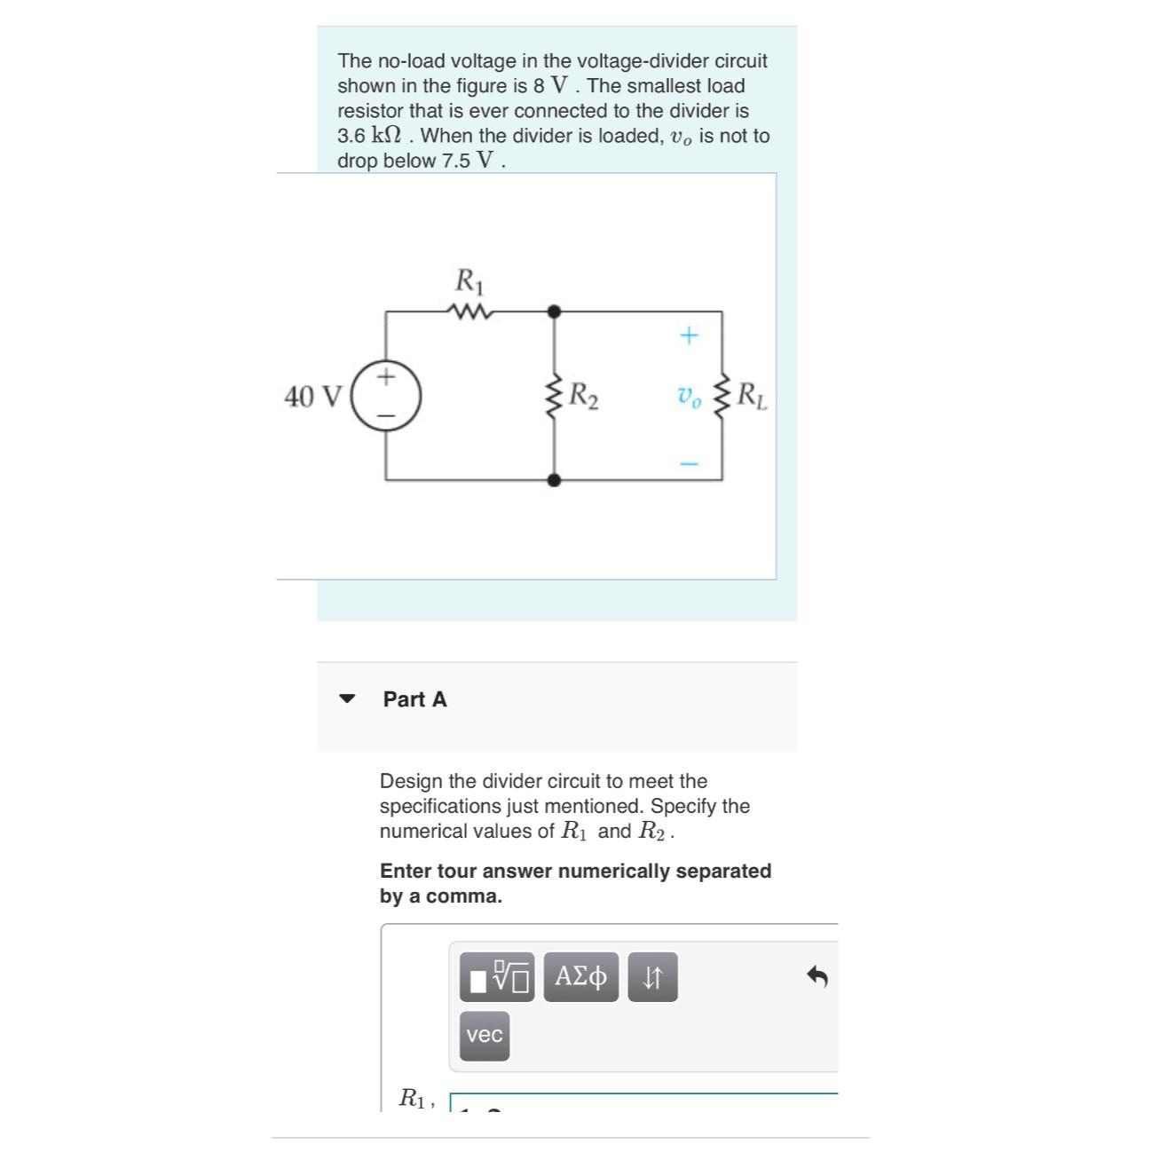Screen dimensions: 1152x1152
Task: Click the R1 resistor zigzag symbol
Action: (x=468, y=312)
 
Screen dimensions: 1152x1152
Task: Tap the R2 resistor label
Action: (x=583, y=395)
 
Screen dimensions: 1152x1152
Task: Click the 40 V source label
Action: (x=312, y=397)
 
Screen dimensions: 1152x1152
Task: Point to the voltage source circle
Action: (x=385, y=396)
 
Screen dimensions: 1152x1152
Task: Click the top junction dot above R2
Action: (x=554, y=312)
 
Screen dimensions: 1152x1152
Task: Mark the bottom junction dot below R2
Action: (x=554, y=480)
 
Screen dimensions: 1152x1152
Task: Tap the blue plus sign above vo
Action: (x=689, y=335)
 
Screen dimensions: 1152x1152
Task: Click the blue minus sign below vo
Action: (x=689, y=463)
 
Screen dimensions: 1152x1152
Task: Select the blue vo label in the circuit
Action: (x=689, y=397)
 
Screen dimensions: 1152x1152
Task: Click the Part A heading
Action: (x=414, y=699)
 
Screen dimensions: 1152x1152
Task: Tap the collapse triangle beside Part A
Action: (x=347, y=698)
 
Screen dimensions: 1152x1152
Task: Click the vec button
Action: (x=485, y=1036)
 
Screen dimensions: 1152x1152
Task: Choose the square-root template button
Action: (x=497, y=977)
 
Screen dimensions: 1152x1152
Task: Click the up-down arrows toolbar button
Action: (x=652, y=977)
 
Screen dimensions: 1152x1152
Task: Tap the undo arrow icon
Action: (x=817, y=977)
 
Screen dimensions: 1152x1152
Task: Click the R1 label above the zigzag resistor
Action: (x=469, y=281)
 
